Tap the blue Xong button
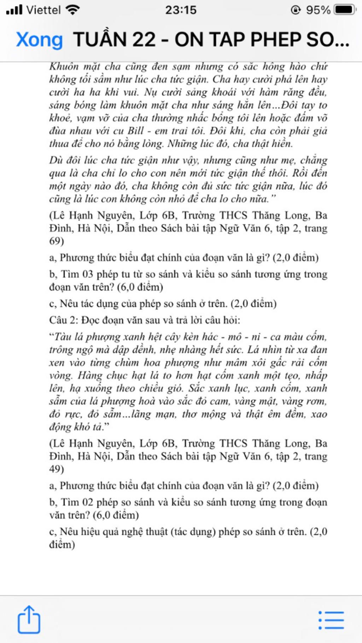tap(39, 39)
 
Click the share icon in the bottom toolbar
tap(29, 619)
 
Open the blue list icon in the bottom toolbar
tap(331, 620)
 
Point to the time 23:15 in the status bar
tap(181, 10)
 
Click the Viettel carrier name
tap(43, 10)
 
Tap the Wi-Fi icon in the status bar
tap(73, 10)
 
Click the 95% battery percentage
tap(318, 10)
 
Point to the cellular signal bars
tap(14, 10)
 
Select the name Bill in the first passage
tap(135, 131)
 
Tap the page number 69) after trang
tap(57, 241)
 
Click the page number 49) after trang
tap(57, 469)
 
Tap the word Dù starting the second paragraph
tap(56, 160)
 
